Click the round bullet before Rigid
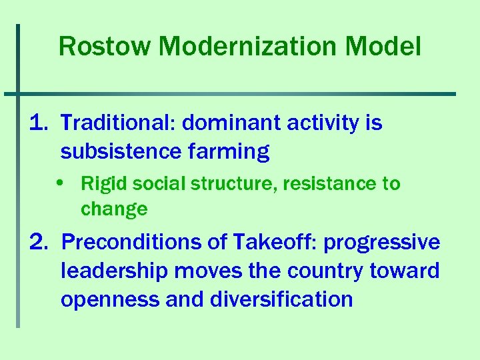[x=69, y=183]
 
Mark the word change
[x=114, y=209]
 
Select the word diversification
[x=281, y=299]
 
